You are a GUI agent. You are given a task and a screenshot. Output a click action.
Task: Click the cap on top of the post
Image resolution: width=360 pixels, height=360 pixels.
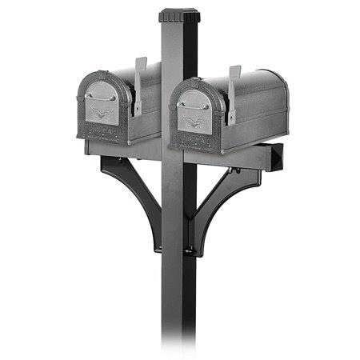pos(178,15)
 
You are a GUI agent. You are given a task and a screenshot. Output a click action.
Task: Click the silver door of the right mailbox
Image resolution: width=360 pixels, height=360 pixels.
pos(194,108)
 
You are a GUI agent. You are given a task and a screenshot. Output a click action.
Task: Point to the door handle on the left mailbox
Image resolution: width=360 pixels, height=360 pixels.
pos(102,98)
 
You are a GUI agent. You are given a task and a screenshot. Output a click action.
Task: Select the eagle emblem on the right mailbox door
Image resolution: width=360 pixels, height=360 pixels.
pos(194,122)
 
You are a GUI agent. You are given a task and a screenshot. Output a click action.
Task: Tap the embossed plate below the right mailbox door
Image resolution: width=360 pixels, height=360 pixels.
pos(194,138)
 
